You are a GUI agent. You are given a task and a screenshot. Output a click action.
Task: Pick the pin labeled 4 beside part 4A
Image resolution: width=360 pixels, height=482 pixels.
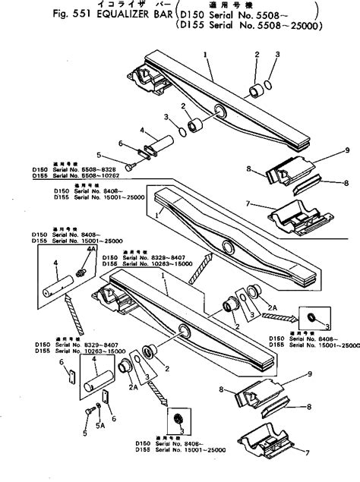click(x=56, y=288)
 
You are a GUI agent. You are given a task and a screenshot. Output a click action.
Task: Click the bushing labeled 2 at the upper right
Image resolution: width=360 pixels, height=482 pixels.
click(x=257, y=93)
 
